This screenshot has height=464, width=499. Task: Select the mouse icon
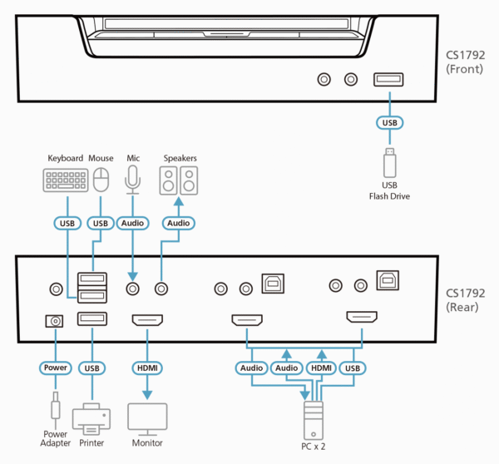101,179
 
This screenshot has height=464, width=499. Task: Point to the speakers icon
179,180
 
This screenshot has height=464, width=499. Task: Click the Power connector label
55,367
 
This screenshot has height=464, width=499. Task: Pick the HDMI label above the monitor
147,367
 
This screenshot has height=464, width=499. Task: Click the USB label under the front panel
389,122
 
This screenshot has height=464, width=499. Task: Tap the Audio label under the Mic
132,223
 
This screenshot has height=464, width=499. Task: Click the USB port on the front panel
389,79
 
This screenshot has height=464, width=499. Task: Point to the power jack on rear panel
55,320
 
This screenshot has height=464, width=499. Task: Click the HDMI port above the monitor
147,319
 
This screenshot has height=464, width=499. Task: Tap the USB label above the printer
92,367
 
